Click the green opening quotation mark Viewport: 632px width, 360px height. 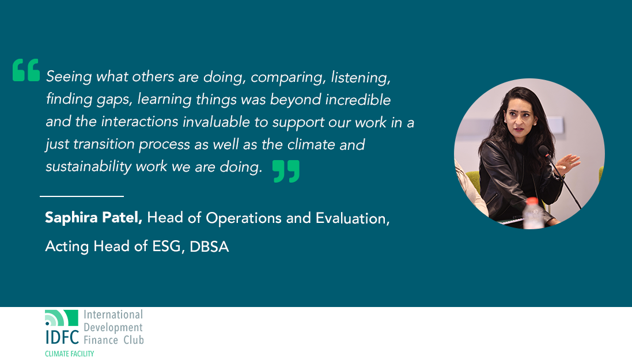click(26, 70)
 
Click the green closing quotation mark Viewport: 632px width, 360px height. click(286, 171)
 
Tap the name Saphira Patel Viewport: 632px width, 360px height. click(93, 218)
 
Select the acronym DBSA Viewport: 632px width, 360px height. click(209, 247)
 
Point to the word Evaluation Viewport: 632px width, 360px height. click(353, 218)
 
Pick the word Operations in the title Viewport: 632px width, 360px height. click(244, 219)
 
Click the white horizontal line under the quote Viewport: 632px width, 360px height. click(82, 196)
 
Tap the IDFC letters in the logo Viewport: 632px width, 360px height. click(62, 337)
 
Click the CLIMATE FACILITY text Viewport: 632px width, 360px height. click(69, 354)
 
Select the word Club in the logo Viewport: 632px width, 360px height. click(134, 340)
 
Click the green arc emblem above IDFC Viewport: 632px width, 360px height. click(61, 318)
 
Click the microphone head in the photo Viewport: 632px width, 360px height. click(544, 151)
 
